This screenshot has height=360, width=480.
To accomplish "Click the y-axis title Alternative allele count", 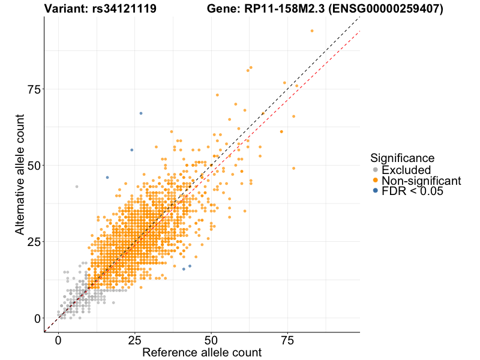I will pos(20,174).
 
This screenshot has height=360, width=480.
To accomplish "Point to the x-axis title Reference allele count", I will pos(202,353).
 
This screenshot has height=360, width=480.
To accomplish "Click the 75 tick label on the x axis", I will pos(287,340).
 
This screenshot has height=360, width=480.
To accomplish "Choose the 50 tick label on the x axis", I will pos(211,340).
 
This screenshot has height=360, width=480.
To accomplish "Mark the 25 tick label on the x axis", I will pos(134,340).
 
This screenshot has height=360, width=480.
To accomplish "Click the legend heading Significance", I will pos(402,158).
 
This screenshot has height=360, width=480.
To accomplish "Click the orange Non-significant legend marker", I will pos(376,181).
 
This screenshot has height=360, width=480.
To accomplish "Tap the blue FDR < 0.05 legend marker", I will pos(376,191).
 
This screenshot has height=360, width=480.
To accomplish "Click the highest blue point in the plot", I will pos(141,113).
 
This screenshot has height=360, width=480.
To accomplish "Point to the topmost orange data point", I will pos(312,31).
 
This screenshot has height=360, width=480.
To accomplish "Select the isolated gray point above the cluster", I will pos(77,187).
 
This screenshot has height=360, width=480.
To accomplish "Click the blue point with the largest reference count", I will pos(190,266).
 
